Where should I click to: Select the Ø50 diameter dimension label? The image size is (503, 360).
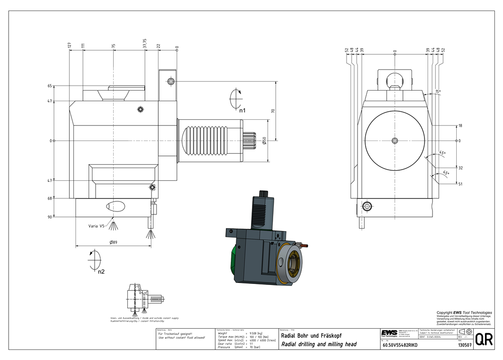click(264, 141)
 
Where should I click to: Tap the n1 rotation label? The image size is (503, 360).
click(242, 110)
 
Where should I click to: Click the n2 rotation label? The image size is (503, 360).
click(101, 272)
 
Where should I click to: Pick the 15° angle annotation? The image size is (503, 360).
click(438, 92)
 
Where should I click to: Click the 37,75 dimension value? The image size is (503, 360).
click(145, 44)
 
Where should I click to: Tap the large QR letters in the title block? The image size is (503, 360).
click(483, 339)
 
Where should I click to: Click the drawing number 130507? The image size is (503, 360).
click(464, 345)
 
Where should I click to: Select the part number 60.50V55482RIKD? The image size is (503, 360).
click(400, 345)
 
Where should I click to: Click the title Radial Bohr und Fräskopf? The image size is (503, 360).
click(308, 335)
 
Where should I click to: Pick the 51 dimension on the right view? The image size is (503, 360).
click(460, 184)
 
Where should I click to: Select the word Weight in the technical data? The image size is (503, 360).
click(222, 333)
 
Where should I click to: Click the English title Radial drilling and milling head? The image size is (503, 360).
click(319, 344)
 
